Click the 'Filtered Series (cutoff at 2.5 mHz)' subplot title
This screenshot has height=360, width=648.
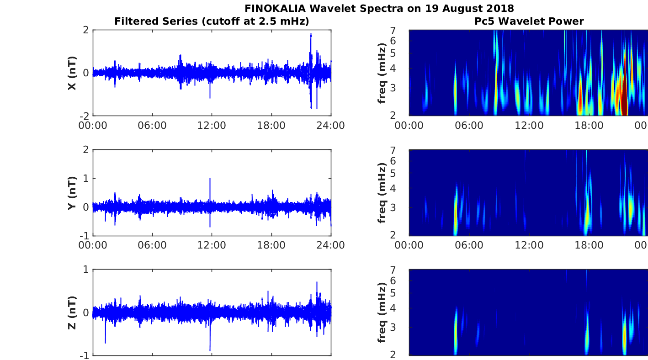(212, 21)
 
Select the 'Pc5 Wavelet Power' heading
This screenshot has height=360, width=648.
(529, 21)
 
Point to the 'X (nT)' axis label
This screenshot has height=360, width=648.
(72, 73)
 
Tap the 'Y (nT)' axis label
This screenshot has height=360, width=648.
(72, 193)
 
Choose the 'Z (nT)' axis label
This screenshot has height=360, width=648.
(72, 312)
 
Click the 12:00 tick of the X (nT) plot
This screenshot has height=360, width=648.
(212, 126)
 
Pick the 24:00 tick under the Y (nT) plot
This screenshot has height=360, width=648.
(331, 245)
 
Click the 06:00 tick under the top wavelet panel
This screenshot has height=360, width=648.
(469, 126)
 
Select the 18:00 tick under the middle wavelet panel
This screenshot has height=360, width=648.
(589, 245)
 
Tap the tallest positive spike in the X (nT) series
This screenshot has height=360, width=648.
(311, 34)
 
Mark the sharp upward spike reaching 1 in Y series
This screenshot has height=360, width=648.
(210, 179)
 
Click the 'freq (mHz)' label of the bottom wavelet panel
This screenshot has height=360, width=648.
(382, 312)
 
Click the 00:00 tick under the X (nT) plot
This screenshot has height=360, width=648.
(93, 126)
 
